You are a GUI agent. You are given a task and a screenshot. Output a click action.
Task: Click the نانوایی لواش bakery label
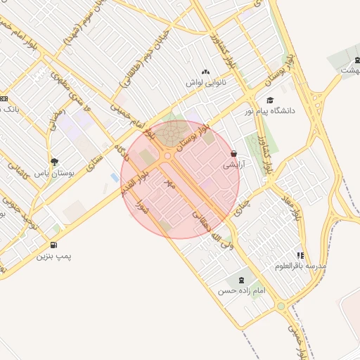coord(205,82)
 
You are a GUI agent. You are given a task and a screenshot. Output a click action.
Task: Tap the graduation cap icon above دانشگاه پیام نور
coord(269,101)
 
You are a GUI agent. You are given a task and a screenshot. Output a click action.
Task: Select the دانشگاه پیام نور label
coord(270,111)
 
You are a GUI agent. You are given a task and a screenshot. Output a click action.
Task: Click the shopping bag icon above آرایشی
coord(233,153)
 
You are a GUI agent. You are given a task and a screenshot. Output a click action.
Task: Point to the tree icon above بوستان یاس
coord(54,162)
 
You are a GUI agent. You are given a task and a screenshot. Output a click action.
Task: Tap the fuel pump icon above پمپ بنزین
coord(54,245)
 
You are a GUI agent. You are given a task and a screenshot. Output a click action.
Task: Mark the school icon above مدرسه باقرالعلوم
coord(301,255)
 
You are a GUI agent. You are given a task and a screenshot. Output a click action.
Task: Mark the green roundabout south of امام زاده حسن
coord(281,306)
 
